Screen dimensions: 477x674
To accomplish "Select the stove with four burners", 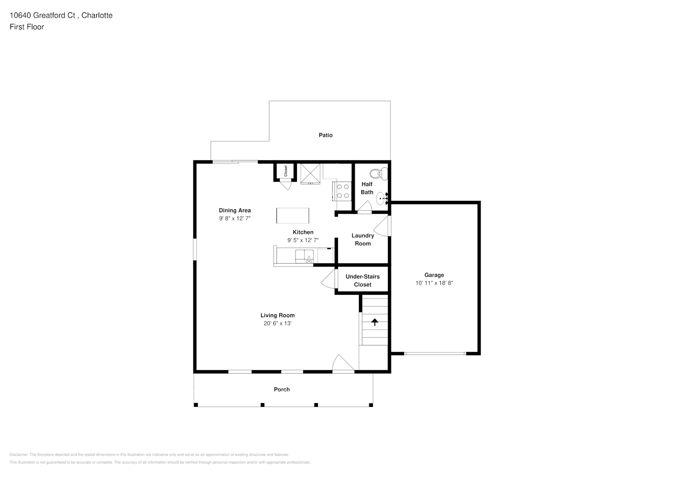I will tap(342, 191).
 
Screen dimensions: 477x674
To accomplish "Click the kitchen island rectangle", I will tap(293, 215).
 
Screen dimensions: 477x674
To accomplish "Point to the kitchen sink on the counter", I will tap(304, 257).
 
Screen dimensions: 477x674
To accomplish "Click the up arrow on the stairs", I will tap(375, 322).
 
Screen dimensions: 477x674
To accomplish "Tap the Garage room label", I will tap(434, 275).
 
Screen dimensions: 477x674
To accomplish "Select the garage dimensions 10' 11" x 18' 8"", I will tap(434, 283).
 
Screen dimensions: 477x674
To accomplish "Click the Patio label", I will tap(326, 135).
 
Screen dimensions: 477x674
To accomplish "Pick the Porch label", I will tap(282, 389).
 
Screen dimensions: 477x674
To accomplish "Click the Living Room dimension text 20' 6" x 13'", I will tap(277, 323).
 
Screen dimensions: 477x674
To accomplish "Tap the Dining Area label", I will tap(235, 210).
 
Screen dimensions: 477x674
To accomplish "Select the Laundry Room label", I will tap(363, 239).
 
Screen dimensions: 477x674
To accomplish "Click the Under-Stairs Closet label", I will tap(362, 280).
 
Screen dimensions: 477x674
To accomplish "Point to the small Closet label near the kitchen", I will tap(286, 171).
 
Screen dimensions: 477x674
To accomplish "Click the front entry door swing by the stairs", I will tap(342, 363).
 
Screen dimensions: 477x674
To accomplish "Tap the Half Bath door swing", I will tap(365, 207).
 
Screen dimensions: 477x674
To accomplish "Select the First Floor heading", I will tap(27, 27).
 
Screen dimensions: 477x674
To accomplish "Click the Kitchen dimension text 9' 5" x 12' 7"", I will tap(303, 240).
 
